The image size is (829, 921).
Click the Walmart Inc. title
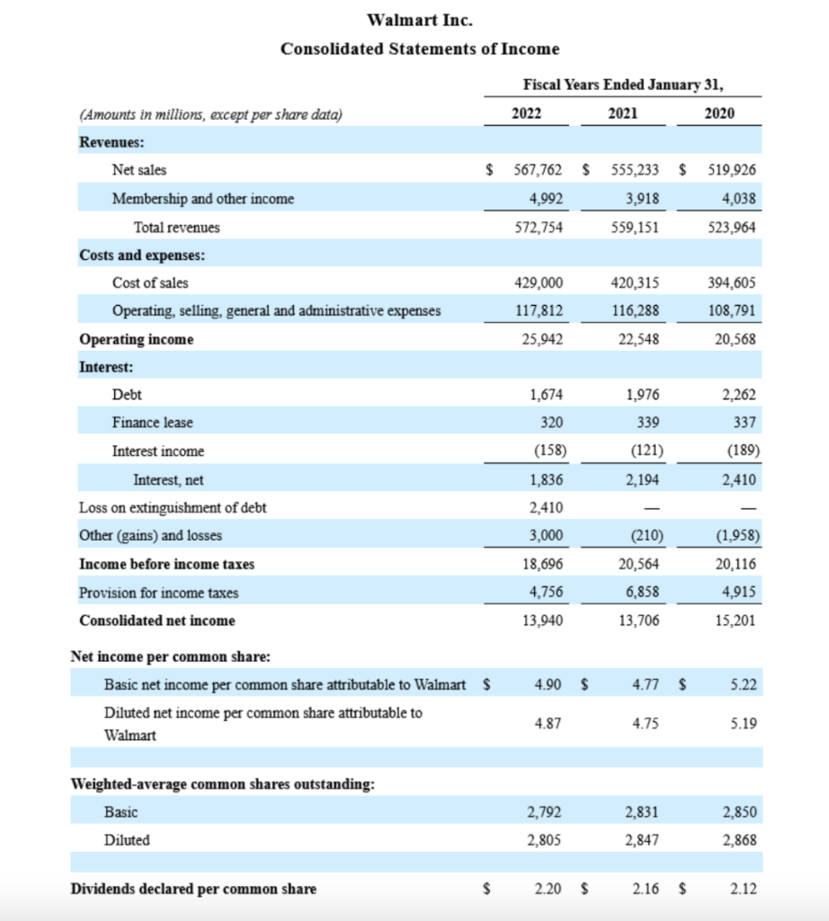pos(420,19)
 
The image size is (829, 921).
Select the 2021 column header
pos(623,113)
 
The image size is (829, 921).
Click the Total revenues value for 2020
pos(734,228)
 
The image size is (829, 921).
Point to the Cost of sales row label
pos(150,282)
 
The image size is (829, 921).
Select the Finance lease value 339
pos(647,423)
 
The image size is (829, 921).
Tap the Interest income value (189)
pos(741,451)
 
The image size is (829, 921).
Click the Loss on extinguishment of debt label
pos(173,507)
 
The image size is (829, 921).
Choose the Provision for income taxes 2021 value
pos(641,593)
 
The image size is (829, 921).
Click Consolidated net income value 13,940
pos(544,621)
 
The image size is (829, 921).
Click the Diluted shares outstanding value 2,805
pos(545,840)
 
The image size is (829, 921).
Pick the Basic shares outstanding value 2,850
pos(739,812)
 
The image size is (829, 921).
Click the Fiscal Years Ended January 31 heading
pos(623,85)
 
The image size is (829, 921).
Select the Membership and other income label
pos(202,198)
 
